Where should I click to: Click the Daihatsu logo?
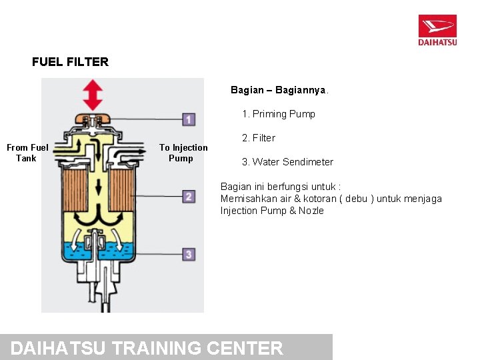[x=437, y=30]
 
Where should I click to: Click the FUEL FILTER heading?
[x=70, y=62]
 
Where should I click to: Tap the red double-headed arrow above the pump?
[x=93, y=95]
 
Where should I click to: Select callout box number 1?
[x=189, y=120]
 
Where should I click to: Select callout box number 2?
[x=189, y=197]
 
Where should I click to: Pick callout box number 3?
[x=189, y=254]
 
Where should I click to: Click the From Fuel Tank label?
[x=27, y=153]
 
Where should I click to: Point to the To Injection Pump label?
[x=183, y=153]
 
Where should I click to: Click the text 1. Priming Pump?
[x=279, y=114]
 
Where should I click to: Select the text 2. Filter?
[x=259, y=138]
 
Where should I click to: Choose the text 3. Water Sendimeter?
[x=287, y=162]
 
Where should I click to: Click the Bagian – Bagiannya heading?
[x=279, y=89]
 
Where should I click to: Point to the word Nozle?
[x=311, y=211]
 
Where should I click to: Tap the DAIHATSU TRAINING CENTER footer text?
[x=147, y=348]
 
